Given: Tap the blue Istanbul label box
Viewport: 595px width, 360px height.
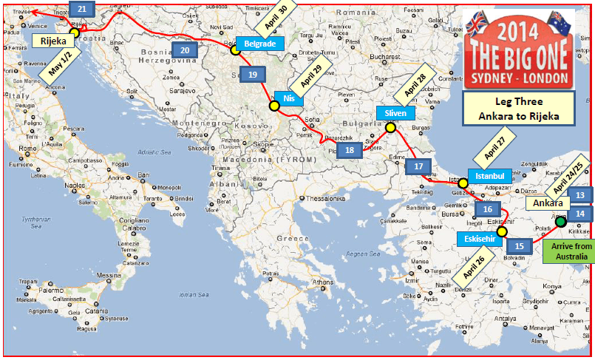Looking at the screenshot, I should click(x=489, y=177).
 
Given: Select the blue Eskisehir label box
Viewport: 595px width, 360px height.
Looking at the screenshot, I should click(x=481, y=240).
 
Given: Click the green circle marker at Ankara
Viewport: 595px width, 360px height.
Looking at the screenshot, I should click(x=560, y=221).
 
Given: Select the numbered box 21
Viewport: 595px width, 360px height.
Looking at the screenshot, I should click(x=81, y=9).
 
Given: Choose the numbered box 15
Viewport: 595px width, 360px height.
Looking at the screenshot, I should click(x=520, y=246).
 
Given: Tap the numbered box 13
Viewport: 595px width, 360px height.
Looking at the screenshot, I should click(x=581, y=195).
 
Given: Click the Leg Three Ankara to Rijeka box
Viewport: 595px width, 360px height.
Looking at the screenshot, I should click(x=518, y=111).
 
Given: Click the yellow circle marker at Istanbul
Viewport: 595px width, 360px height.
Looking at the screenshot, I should click(x=463, y=183).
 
